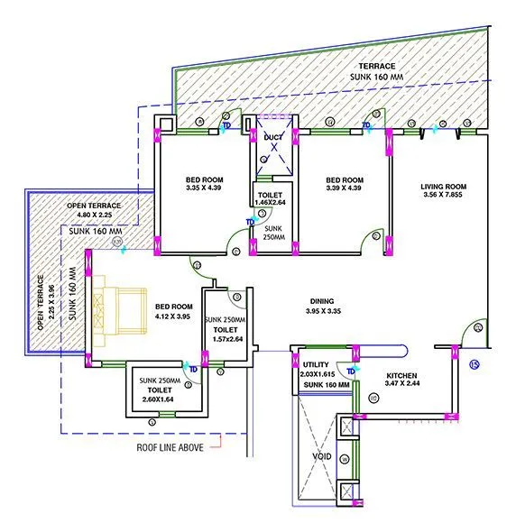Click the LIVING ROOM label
coord(441,188)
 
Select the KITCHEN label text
coord(404,375)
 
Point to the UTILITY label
coord(317,365)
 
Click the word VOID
coord(320,457)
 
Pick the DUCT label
coord(273,136)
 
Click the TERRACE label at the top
coord(376,67)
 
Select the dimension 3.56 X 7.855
coord(441,198)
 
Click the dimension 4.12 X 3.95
coord(173,316)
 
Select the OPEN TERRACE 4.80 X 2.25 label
coord(88,211)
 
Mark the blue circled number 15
coord(475,365)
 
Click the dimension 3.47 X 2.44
coord(404,385)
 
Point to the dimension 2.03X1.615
coord(317,374)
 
